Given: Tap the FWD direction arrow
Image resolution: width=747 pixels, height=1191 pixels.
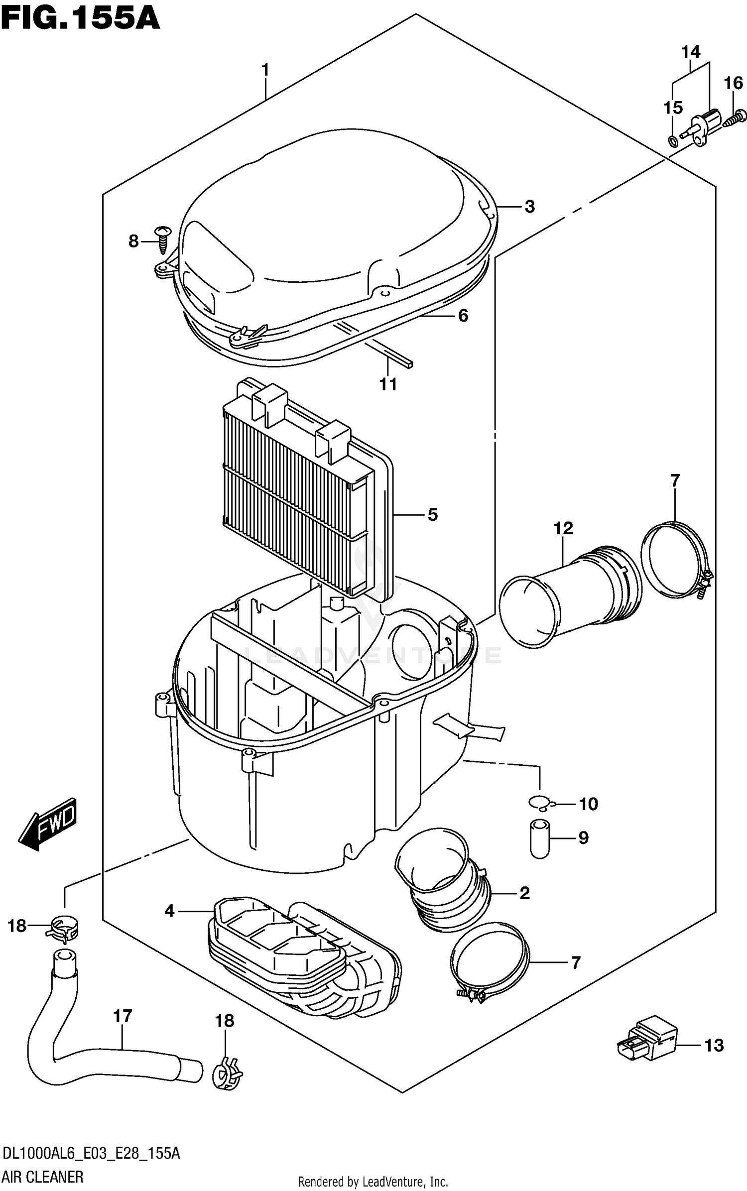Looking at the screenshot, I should pos(49,824).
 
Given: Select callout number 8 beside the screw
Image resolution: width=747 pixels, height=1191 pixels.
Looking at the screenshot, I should pos(133,241).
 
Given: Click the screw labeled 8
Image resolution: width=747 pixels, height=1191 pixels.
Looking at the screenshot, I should pos(163,238).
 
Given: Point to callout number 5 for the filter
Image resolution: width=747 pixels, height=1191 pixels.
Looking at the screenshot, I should pos(432,514).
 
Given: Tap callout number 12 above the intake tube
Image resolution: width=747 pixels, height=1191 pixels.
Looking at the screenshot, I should pos(563,528).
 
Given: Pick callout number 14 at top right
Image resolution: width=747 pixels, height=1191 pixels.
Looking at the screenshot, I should pos(691,52).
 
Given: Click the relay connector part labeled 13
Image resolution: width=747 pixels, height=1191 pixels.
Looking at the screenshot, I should pos(647,1046).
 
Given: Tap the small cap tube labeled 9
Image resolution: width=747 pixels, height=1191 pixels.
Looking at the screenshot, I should pos(539,839).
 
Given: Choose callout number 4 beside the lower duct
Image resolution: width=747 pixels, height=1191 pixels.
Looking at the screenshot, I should pos(170,911).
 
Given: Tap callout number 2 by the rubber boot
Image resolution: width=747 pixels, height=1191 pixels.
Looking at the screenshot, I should pos(524,893).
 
